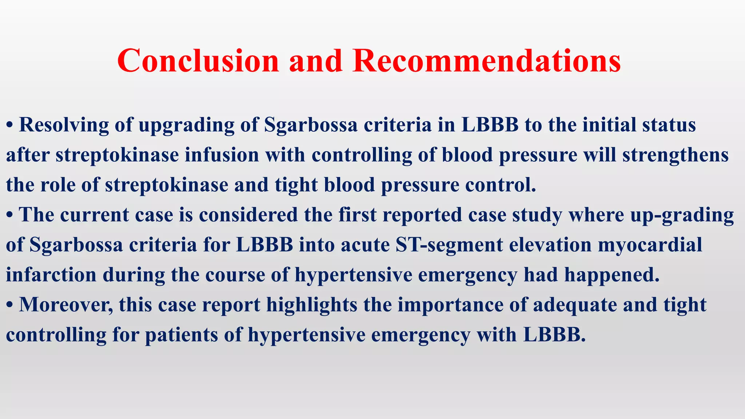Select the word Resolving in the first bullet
click(64, 125)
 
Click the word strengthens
click(676, 156)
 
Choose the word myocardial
click(650, 245)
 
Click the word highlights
click(312, 305)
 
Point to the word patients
click(182, 335)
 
